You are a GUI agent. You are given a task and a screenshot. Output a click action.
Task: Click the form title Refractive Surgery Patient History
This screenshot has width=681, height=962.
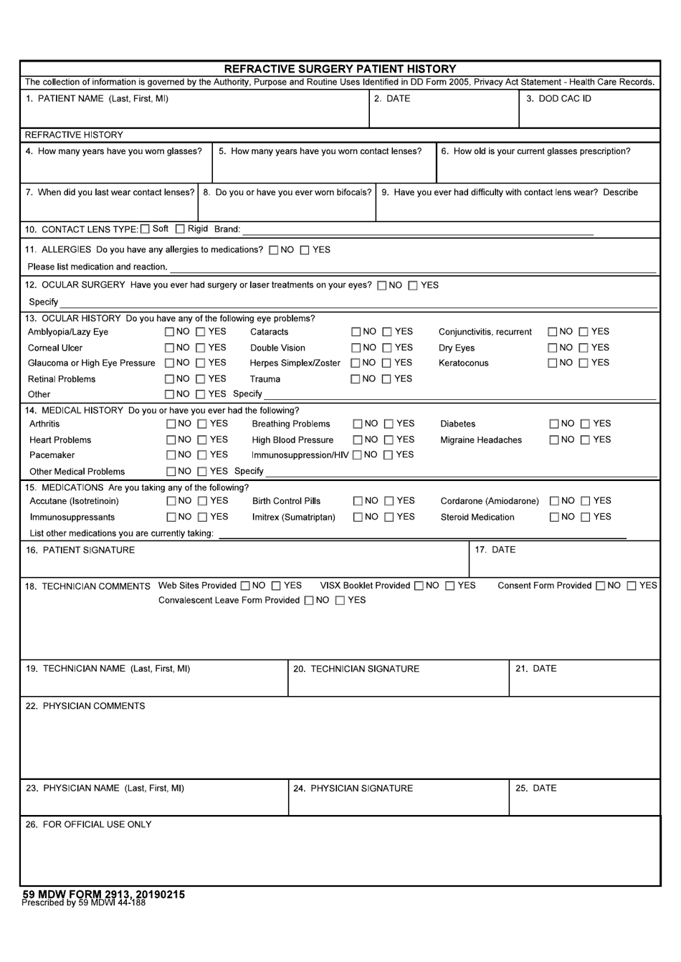point(340,69)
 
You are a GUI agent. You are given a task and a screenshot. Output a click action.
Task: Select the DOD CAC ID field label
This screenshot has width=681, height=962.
point(558,99)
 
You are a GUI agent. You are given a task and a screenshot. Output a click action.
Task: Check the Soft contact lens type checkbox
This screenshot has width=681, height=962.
point(146,229)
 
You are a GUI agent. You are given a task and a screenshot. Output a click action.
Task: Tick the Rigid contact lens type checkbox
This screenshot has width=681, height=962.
point(181,229)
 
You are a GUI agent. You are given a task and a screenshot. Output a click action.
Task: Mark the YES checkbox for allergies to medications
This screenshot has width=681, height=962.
point(305,250)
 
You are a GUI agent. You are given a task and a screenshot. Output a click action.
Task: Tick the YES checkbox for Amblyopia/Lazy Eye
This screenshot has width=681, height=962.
point(201,332)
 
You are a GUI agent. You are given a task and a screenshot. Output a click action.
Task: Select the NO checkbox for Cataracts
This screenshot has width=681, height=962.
point(356,332)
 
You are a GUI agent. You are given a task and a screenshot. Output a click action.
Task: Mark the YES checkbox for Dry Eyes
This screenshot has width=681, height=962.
point(584,348)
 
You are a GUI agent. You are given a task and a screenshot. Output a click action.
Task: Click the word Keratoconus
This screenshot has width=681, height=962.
point(463,363)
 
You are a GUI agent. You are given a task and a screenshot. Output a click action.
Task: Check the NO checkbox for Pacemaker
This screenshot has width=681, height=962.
point(171,455)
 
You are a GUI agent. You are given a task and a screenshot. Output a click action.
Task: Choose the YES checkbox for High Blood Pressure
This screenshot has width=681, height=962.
point(389,440)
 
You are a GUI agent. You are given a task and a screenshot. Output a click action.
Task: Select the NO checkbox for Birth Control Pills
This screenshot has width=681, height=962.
point(358,501)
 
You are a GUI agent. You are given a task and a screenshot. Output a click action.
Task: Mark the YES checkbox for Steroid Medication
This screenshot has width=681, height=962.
point(586,518)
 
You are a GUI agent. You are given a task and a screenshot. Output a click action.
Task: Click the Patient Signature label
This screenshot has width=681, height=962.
point(80,551)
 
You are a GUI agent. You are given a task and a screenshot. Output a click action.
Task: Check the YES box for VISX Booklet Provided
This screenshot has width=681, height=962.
point(450,586)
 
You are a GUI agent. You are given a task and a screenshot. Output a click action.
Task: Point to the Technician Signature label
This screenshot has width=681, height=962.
point(356,669)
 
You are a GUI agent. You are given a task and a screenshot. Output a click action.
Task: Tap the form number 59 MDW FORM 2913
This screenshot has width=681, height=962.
point(103,895)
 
